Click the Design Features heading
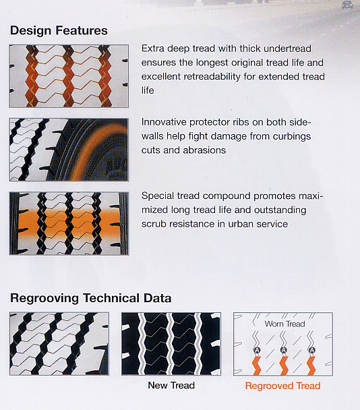pos(59,30)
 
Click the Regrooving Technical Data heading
pos(91,298)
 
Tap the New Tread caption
pos(171,385)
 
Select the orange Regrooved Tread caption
pos(282,386)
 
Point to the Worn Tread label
pos(284,324)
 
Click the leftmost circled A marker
pos(257,350)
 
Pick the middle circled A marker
pos(284,350)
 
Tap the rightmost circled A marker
pos(311,350)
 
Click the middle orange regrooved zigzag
pos(284,365)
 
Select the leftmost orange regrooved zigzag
pos(256,365)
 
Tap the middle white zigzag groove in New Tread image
pos(170,344)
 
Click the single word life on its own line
pos(148,90)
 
